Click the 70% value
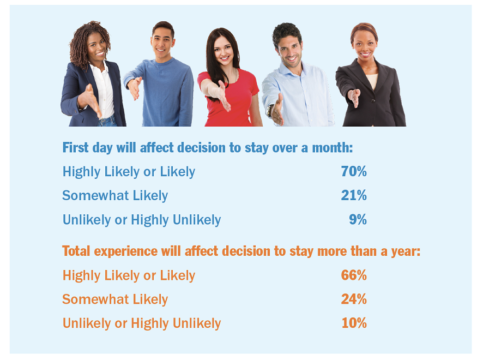point(354,171)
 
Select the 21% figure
point(354,195)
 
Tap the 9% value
point(358,219)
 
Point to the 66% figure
point(354,275)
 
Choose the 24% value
point(354,299)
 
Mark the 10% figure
point(354,323)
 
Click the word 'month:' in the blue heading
point(333,148)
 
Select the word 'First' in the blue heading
point(75,147)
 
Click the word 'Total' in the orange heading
point(76,251)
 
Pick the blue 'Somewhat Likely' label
point(115,195)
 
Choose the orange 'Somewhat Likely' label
point(115,299)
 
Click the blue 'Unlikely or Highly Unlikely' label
point(142,220)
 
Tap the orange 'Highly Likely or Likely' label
point(129,275)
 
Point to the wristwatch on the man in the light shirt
point(269,110)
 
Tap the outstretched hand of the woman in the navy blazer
point(90,100)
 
